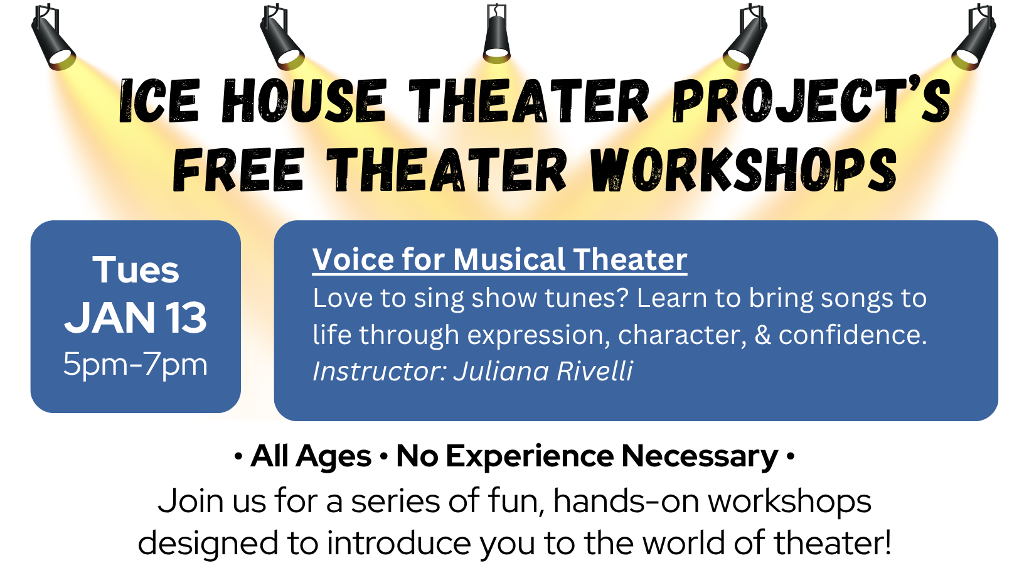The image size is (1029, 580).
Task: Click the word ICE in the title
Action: (x=159, y=100)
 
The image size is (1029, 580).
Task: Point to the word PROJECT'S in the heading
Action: (x=811, y=100)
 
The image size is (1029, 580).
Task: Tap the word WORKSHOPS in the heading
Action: (x=744, y=169)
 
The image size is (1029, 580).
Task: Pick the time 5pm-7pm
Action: (x=136, y=365)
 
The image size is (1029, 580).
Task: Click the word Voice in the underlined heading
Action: (x=353, y=259)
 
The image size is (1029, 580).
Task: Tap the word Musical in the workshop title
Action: (x=508, y=259)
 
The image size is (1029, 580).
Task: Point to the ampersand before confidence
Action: (x=762, y=335)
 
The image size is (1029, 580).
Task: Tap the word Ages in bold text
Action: (x=333, y=456)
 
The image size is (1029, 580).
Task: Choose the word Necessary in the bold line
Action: (x=700, y=456)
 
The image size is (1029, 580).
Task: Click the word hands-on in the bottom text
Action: (x=626, y=501)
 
